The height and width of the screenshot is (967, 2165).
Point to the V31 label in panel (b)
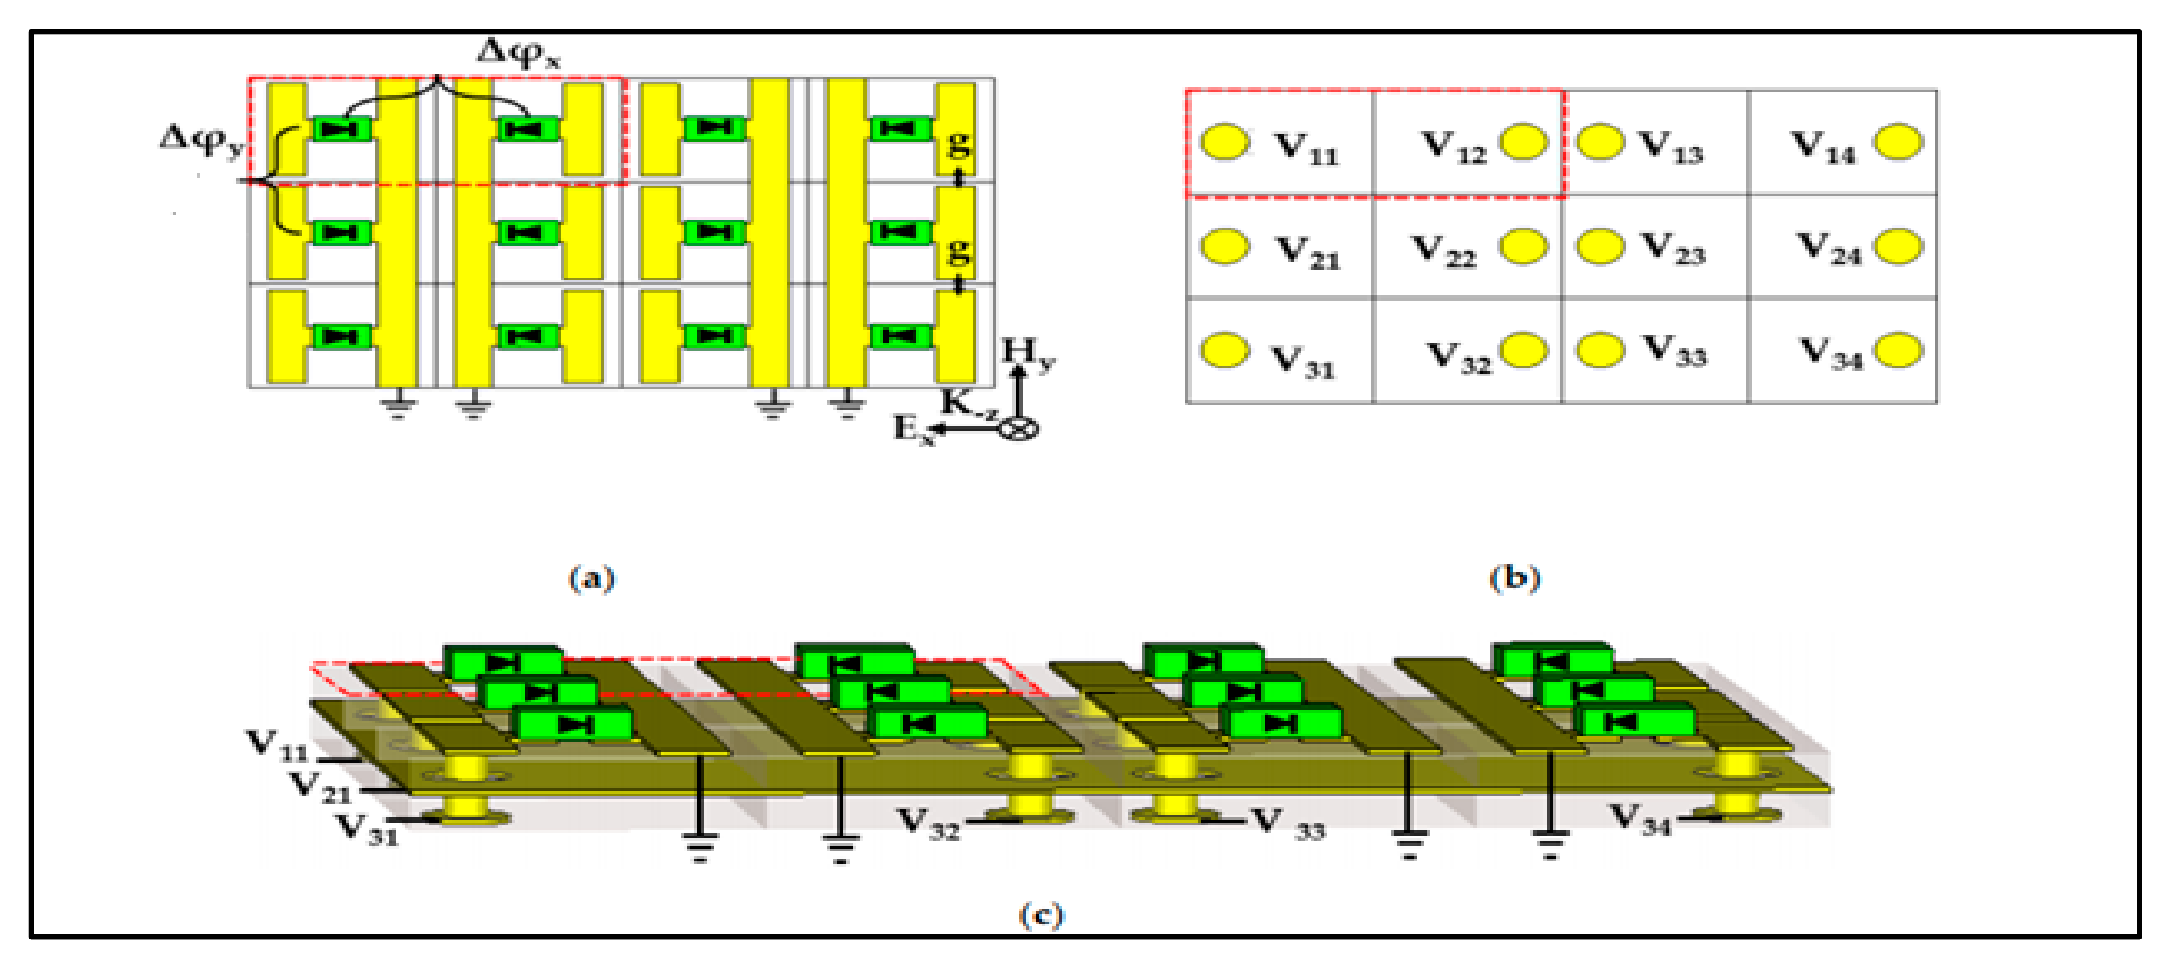[1303, 361]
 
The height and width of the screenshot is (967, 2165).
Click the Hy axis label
[1027, 353]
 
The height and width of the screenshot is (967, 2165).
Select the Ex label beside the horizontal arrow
[913, 429]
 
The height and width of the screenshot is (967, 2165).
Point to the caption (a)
[591, 578]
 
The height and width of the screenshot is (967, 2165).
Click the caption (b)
[1513, 578]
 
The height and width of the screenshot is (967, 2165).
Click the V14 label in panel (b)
[1822, 147]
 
